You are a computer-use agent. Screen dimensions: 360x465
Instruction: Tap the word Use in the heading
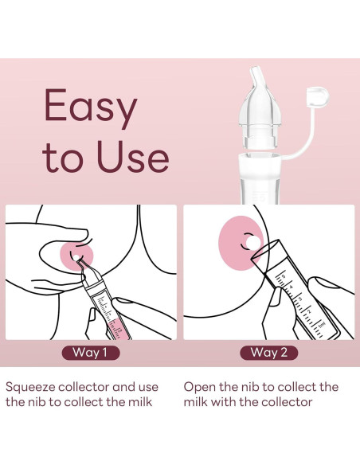click(133, 156)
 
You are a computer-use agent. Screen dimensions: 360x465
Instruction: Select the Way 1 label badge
click(91, 353)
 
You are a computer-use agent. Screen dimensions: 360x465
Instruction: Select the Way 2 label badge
click(268, 353)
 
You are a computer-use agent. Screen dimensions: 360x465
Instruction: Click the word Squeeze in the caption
click(30, 388)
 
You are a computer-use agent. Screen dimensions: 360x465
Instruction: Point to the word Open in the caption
click(200, 388)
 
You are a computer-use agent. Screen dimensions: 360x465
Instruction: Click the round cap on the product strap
click(318, 96)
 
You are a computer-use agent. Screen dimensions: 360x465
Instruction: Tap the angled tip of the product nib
click(256, 74)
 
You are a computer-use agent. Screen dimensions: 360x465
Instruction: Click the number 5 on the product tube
click(262, 197)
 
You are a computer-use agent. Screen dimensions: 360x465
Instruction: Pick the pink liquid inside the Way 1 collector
click(119, 329)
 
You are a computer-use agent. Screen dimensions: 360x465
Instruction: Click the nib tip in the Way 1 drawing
click(79, 260)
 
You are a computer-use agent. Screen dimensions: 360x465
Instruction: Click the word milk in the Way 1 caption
click(140, 402)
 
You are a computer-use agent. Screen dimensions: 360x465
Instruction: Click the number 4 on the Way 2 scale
click(291, 287)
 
